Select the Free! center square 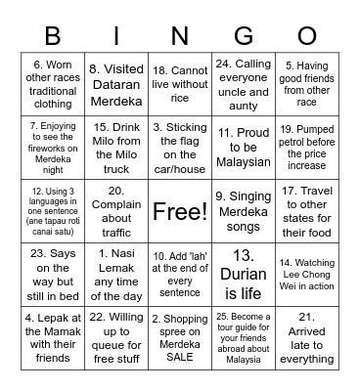point(180,211)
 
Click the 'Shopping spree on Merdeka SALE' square point(180,336)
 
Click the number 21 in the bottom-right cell point(305,316)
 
